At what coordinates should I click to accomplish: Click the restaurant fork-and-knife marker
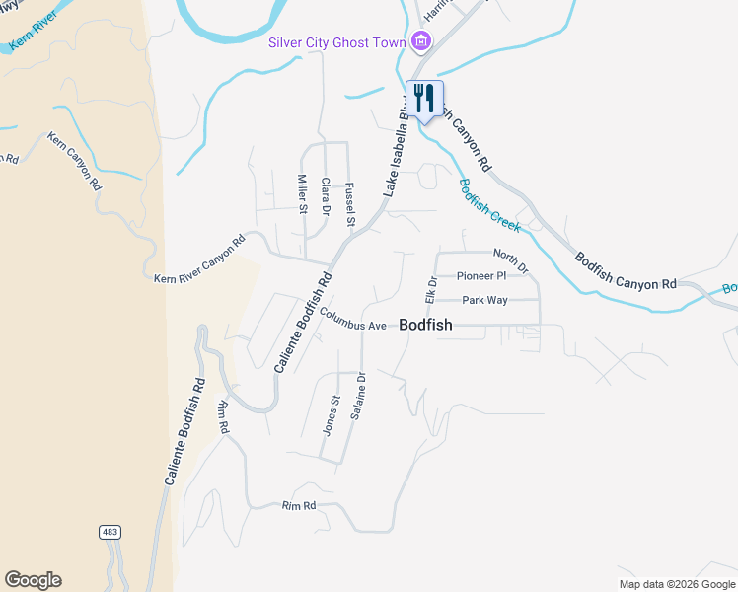point(424,99)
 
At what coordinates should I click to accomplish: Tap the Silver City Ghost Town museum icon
point(421,41)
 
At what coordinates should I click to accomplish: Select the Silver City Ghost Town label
point(338,42)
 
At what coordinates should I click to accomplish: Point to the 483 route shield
point(111,532)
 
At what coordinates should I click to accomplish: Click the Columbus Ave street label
point(352,323)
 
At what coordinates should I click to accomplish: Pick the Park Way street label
point(484,300)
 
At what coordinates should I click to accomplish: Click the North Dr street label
point(510,261)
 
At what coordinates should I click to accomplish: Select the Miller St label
point(303,193)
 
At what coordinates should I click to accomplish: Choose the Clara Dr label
point(326,195)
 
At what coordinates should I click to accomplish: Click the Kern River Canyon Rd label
point(199,259)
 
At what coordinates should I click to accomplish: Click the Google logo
point(33,580)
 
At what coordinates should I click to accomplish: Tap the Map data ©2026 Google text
point(676,584)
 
